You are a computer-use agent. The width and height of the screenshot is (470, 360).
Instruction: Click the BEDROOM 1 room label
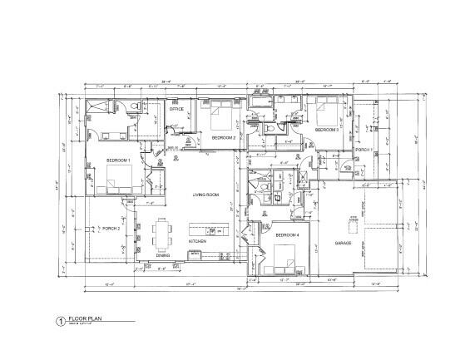click(118, 159)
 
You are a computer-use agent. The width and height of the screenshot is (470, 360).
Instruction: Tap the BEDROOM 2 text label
click(223, 137)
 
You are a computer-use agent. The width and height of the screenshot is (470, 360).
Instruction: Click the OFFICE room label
click(176, 109)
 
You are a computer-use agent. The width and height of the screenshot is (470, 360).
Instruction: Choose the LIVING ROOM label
click(205, 195)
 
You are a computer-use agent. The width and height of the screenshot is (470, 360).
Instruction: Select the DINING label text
click(163, 255)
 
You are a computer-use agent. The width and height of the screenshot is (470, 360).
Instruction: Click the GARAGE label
click(344, 244)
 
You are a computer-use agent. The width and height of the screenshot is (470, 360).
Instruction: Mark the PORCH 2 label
click(111, 227)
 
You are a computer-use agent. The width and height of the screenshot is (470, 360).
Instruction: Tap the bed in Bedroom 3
click(323, 111)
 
